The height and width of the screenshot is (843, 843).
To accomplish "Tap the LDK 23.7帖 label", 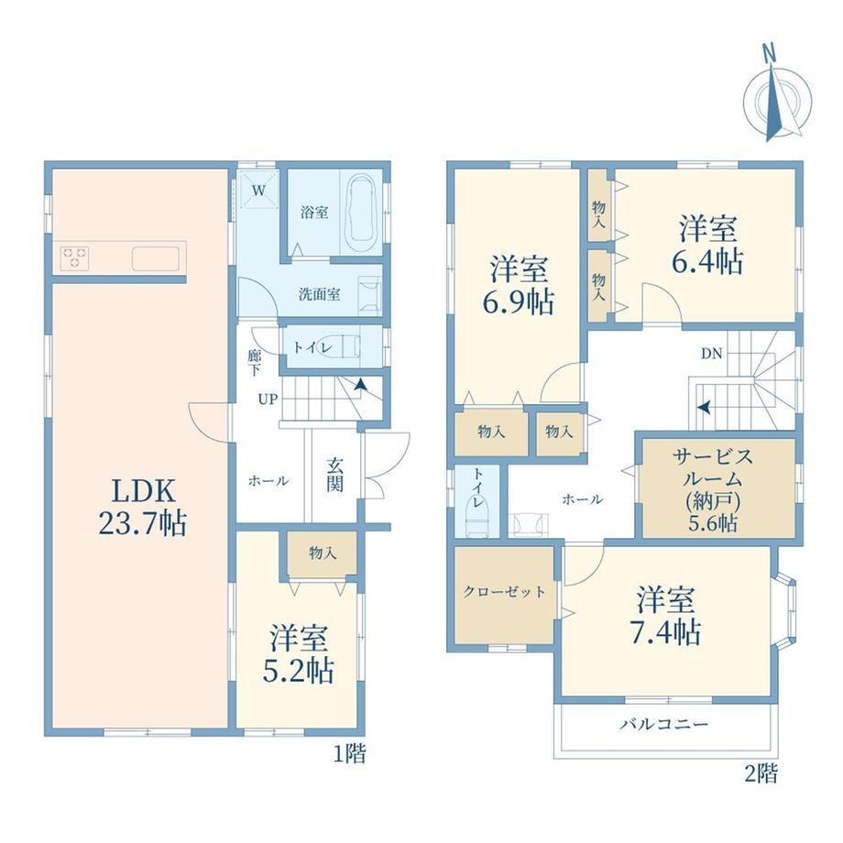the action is (x=143, y=508).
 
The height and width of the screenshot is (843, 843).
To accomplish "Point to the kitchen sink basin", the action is (x=156, y=258).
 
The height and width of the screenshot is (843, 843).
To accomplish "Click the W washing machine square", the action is (x=258, y=190).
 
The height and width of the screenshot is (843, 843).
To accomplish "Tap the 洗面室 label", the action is (x=320, y=294).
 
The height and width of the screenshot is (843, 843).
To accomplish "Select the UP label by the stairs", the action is (x=268, y=400).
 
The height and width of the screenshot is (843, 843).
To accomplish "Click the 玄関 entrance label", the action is (x=334, y=476).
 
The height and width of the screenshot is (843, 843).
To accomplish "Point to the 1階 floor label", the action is (x=349, y=754).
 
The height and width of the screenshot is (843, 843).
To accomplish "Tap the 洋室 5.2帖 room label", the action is (x=299, y=653).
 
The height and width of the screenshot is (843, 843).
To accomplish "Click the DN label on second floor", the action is (x=711, y=354).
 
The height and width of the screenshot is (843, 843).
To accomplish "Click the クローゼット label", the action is (x=504, y=591).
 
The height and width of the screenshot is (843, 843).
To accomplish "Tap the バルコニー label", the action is (x=664, y=724).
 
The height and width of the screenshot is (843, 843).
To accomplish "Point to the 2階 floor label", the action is (x=761, y=773).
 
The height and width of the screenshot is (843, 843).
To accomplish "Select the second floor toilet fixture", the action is (x=476, y=517).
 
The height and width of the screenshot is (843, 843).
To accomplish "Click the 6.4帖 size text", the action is (x=707, y=262).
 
